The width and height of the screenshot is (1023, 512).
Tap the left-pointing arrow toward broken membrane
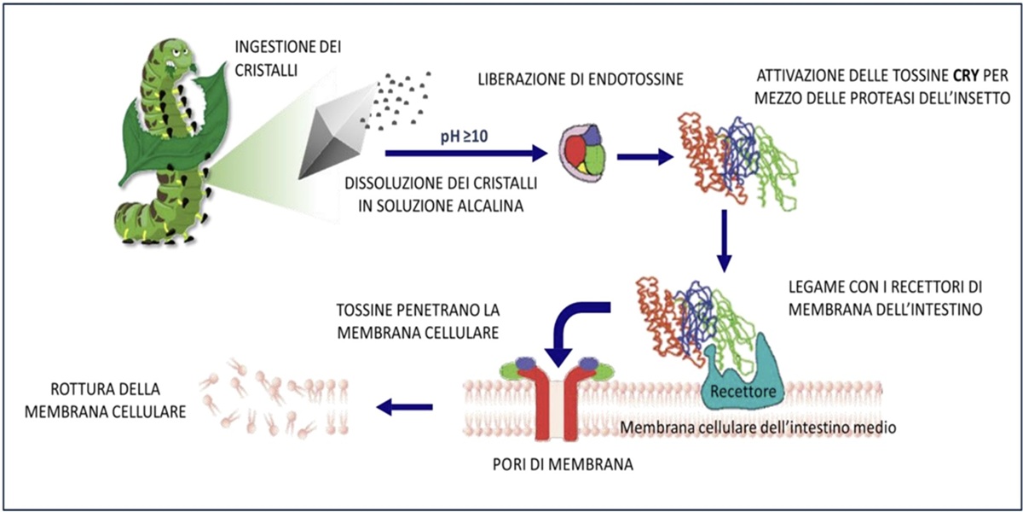pos(405,407)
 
